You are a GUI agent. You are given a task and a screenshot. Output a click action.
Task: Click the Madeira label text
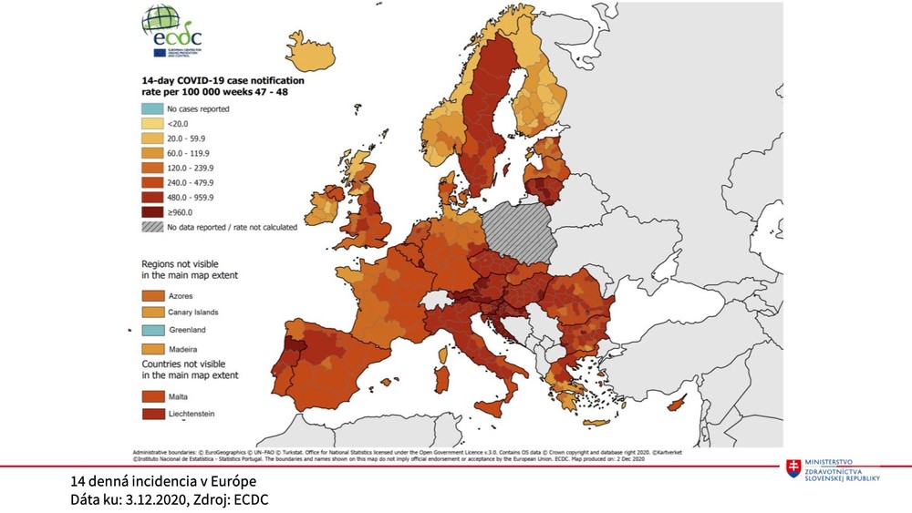pyautogui.click(x=186, y=348)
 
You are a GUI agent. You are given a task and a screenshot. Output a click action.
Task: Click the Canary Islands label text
pyautogui.click(x=193, y=313)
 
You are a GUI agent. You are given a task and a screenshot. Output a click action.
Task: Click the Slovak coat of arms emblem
pyautogui.click(x=793, y=467)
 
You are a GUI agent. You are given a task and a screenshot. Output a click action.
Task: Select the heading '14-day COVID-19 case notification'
pyautogui.click(x=223, y=80)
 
